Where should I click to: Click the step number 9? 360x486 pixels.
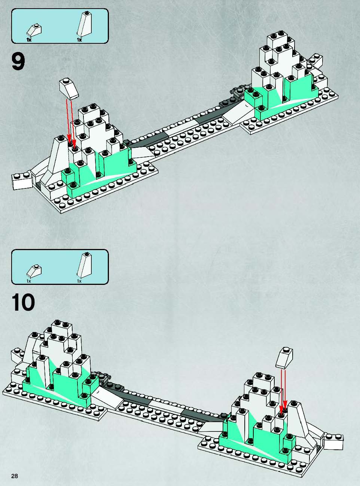tap(18, 62)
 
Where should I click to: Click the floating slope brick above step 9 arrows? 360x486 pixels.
tap(69, 89)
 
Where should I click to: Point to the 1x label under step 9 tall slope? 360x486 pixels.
tap(79, 40)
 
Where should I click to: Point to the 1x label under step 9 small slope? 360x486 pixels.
tap(29, 40)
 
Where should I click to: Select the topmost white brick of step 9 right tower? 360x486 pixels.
tap(277, 40)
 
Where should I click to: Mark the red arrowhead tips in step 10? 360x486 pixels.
tap(283, 407)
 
